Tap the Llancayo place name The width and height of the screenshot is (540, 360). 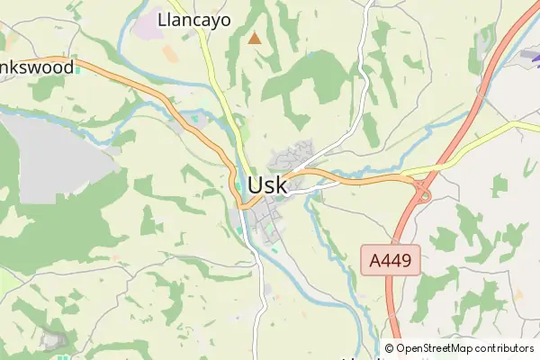[193, 19]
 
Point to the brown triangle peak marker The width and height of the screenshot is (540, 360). [256, 38]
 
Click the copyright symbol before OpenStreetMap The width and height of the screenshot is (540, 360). [390, 348]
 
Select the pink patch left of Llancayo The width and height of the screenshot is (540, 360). [146, 27]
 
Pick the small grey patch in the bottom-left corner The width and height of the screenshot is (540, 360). [51, 341]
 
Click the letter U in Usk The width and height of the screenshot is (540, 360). [255, 185]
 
